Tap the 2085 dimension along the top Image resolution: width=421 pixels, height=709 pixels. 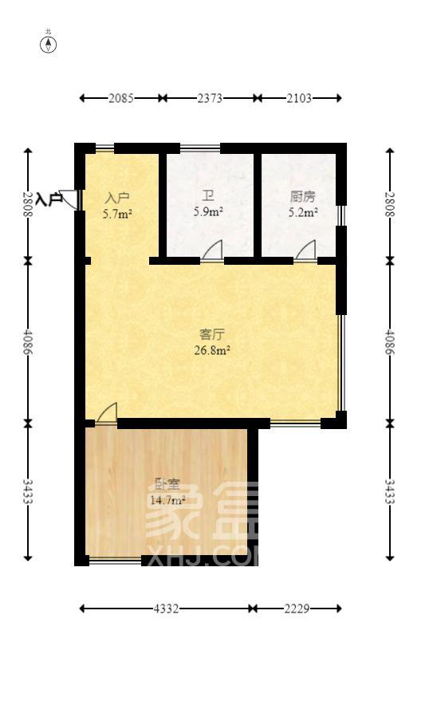click(x=120, y=98)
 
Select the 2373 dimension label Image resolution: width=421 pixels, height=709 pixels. click(x=210, y=98)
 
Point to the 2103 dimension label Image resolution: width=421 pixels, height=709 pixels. click(x=298, y=98)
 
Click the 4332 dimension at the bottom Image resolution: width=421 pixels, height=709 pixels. click(x=166, y=609)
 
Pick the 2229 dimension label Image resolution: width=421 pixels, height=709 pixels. click(x=296, y=609)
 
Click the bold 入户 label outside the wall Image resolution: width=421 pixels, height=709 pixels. click(x=49, y=199)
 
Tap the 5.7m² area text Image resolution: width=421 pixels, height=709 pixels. click(x=117, y=214)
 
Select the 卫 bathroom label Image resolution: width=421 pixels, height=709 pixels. click(x=207, y=197)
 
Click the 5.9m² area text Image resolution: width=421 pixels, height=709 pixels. click(x=208, y=212)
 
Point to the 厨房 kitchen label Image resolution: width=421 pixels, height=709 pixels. click(x=302, y=197)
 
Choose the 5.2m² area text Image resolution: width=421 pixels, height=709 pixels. click(x=303, y=212)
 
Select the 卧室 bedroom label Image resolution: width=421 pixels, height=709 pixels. click(x=166, y=484)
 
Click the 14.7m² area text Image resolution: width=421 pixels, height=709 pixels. click(x=167, y=500)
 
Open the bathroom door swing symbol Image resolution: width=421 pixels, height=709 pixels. click(x=212, y=252)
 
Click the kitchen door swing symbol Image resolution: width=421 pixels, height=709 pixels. click(x=305, y=252)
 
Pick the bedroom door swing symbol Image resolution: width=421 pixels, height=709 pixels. click(x=107, y=412)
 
